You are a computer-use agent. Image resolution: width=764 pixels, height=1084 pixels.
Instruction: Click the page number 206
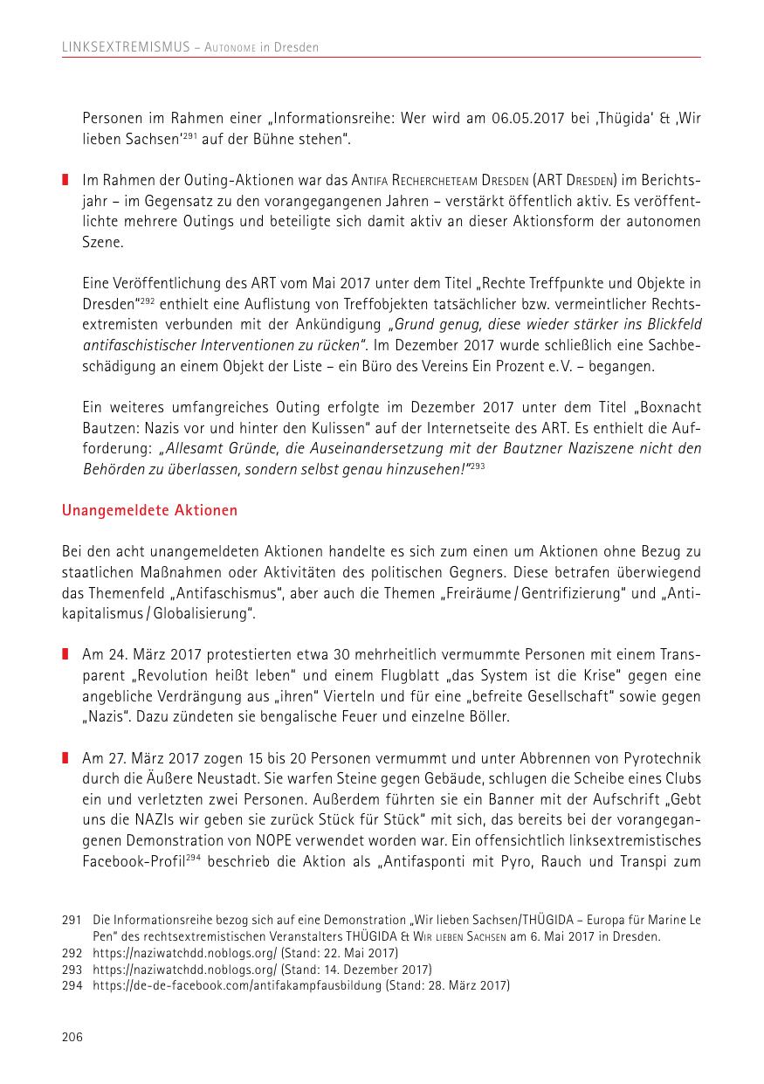[72, 1037]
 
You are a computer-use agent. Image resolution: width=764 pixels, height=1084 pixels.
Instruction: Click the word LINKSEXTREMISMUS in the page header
[126, 47]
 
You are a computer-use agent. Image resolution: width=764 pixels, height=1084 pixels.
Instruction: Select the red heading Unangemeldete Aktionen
[149, 509]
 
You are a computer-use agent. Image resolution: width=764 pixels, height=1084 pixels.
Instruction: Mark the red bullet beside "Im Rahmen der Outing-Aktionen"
[65, 179]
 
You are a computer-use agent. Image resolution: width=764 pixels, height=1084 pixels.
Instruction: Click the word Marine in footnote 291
[668, 920]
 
